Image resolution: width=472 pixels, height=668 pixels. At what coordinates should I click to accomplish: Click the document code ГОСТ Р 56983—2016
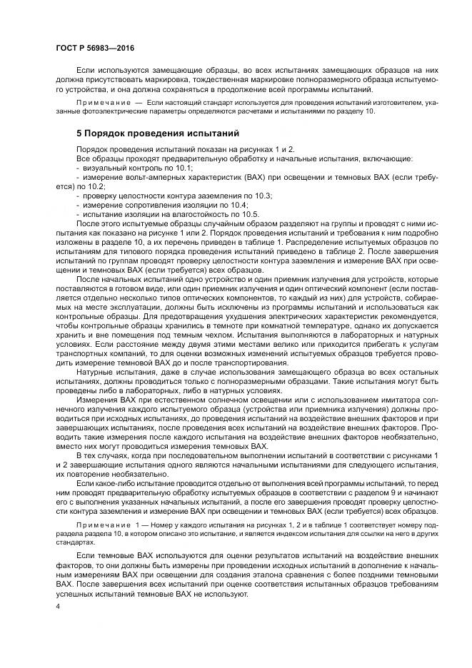click(x=94, y=47)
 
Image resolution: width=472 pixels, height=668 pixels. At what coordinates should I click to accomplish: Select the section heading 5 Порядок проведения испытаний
click(x=158, y=133)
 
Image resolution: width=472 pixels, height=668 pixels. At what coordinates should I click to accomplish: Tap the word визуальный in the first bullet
click(x=105, y=167)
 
